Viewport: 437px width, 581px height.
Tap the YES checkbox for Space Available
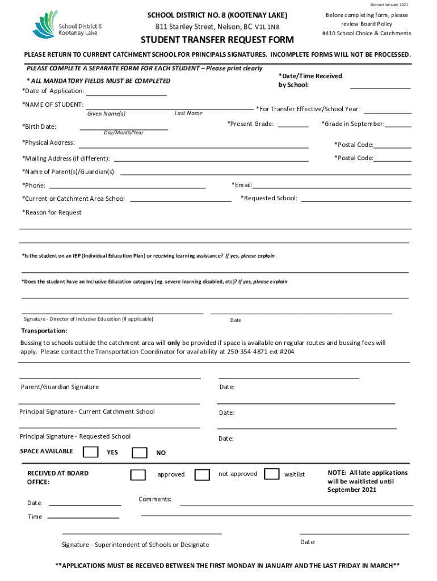(90, 452)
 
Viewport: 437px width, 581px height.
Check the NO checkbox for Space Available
(139, 452)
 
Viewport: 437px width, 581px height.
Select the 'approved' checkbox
(138, 474)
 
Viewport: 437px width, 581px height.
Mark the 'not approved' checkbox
(202, 474)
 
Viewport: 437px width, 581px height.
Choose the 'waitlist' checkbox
(272, 474)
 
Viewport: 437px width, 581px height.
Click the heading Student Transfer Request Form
(217, 40)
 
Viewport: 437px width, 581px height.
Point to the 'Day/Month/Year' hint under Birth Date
(124, 133)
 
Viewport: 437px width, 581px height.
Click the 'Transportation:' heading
(44, 331)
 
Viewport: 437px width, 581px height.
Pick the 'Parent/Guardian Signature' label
(60, 387)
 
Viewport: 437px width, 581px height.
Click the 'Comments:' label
(155, 499)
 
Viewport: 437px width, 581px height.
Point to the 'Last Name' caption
(188, 113)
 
